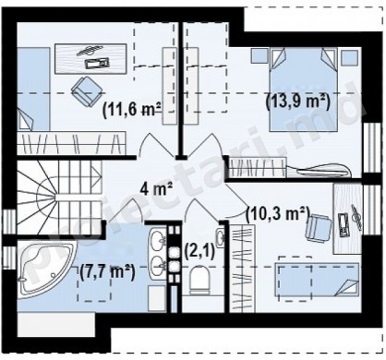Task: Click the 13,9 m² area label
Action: pos(297,102)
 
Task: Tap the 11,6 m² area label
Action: pos(132,109)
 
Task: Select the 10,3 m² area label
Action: pos(278,213)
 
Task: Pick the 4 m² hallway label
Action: pos(156,188)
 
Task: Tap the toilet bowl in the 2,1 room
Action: pos(199,280)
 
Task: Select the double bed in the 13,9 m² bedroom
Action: pos(304,90)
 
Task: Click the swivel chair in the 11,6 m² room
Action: pos(86,90)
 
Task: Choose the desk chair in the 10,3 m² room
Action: pos(319,227)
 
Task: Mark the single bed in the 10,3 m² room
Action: pos(319,279)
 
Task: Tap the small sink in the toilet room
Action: pos(220,237)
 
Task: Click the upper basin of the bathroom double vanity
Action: pos(159,240)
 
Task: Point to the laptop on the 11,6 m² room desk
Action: pos(97,64)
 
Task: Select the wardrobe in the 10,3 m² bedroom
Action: pos(242,269)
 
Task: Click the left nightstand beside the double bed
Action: pos(259,55)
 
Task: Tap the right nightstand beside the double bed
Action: pos(351,55)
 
